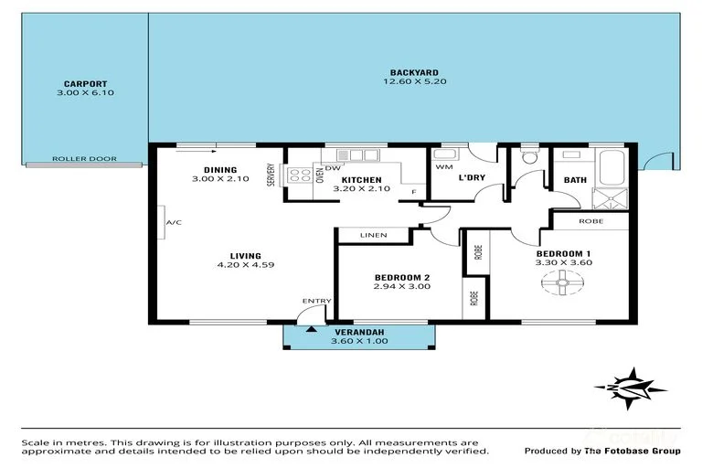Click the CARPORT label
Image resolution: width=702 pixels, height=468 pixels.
coord(86,84)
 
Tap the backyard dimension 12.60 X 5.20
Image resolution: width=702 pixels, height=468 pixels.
coord(415,81)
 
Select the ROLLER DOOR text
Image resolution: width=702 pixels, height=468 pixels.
coord(84,158)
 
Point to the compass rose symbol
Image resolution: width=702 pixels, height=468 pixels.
coord(631,388)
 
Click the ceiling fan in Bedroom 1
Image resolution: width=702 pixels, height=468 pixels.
coord(562,282)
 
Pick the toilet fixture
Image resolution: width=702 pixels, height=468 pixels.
coord(530,156)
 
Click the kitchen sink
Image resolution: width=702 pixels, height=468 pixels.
coord(357,155)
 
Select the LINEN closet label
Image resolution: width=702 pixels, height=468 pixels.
coord(373,235)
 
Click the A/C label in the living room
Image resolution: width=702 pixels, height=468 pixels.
coord(174,222)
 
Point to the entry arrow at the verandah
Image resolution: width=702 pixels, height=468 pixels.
coord(312,329)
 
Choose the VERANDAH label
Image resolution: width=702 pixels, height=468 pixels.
coord(359,333)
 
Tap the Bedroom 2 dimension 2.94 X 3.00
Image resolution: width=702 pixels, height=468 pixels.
coord(401,286)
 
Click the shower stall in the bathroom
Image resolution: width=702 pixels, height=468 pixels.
coord(610,199)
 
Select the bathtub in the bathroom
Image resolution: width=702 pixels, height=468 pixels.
coord(612,167)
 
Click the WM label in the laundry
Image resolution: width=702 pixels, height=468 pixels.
coord(444,167)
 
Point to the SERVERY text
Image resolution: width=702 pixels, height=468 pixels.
coord(271,175)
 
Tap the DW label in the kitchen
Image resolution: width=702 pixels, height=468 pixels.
coord(333,168)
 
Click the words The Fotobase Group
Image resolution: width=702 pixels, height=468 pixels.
coord(633,451)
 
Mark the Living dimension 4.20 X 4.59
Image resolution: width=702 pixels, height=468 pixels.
coord(245,265)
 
